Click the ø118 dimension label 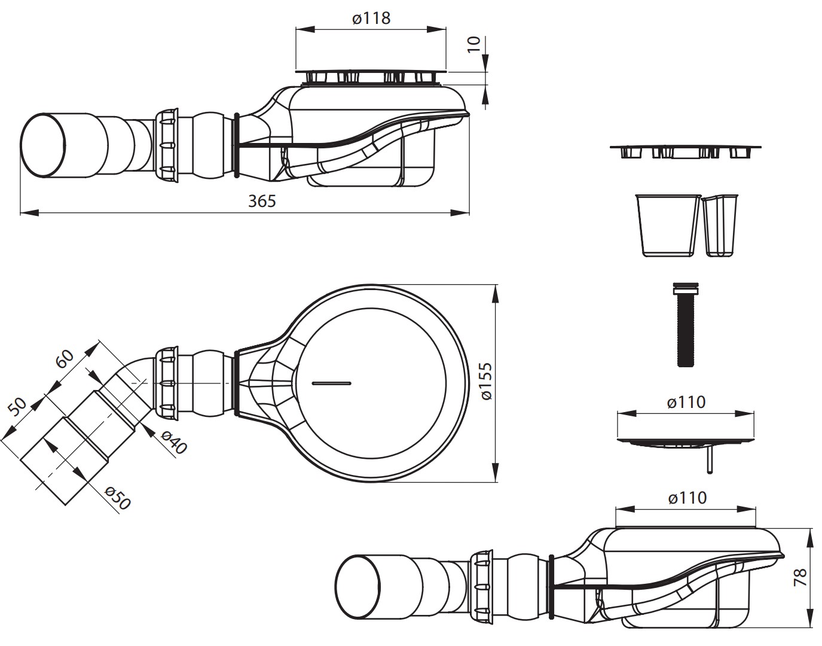click(x=371, y=18)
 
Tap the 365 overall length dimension click(x=262, y=202)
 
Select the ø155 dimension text click(x=485, y=381)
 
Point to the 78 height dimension click(x=800, y=577)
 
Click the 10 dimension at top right click(x=473, y=45)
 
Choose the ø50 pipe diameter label click(x=118, y=498)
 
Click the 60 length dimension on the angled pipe click(x=65, y=358)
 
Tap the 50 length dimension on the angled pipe click(x=17, y=407)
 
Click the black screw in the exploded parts click(x=686, y=325)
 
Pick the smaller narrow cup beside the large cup click(x=720, y=226)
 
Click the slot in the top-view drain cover click(x=331, y=383)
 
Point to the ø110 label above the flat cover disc click(x=686, y=403)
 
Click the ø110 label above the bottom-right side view click(x=687, y=498)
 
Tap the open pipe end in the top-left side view click(x=44, y=145)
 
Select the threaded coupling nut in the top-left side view click(x=166, y=146)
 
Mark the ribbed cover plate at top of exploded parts click(x=686, y=152)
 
